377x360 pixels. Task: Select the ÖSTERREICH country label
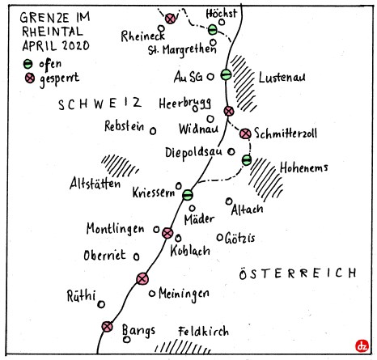(x=300, y=274)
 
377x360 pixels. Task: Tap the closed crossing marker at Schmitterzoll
(x=246, y=133)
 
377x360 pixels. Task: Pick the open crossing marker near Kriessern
(x=188, y=194)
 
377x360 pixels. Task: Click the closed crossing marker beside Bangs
(x=107, y=327)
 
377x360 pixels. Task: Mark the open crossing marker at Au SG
(x=227, y=74)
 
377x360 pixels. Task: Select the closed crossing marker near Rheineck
(x=170, y=18)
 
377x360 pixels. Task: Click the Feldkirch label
(x=203, y=331)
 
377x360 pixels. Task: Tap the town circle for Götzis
(x=220, y=237)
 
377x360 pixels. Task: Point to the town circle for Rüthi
(x=101, y=305)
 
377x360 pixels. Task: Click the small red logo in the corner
(x=361, y=345)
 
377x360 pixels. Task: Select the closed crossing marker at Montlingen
(x=167, y=233)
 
